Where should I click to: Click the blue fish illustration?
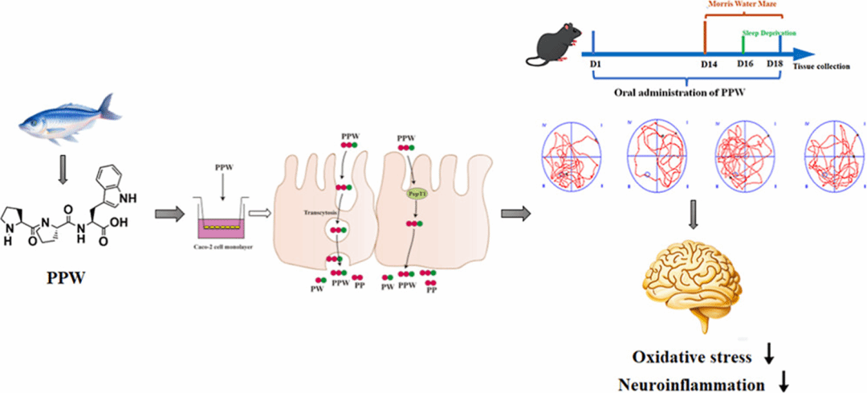72,117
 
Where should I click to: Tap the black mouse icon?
555,47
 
